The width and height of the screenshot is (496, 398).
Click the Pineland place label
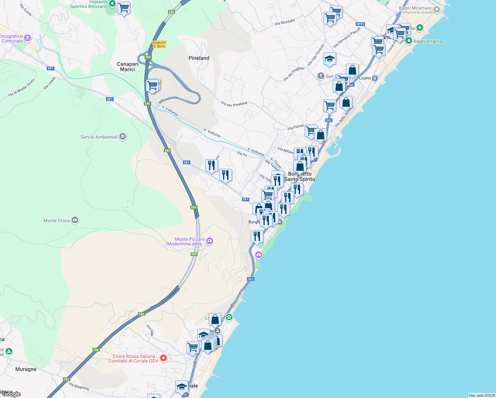click(x=199, y=58)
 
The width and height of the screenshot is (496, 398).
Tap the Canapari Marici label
click(x=128, y=67)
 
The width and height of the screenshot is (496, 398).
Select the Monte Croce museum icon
click(x=75, y=221)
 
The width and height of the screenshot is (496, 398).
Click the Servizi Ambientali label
click(x=99, y=137)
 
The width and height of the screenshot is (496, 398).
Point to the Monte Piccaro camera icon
click(x=210, y=241)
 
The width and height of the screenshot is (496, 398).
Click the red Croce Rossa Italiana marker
click(x=163, y=358)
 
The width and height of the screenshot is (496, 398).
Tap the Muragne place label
click(x=26, y=369)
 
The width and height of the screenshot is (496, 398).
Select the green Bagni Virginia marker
click(x=409, y=41)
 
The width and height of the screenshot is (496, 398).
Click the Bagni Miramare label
click(x=415, y=8)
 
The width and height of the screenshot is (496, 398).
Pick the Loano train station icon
click(x=375, y=78)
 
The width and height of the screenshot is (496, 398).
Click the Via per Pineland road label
click(x=234, y=104)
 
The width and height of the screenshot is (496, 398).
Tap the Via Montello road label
click(x=285, y=22)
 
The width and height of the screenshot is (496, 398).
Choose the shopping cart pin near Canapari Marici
click(x=153, y=86)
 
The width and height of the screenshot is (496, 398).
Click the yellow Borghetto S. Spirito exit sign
click(x=159, y=44)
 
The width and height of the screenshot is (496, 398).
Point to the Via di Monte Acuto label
click(x=22, y=88)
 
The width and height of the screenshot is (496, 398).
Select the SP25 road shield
click(x=360, y=24)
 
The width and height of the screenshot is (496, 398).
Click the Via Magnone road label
click(x=79, y=386)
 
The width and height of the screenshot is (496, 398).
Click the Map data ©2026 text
click(x=482, y=395)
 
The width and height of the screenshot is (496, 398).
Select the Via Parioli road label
click(x=296, y=127)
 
